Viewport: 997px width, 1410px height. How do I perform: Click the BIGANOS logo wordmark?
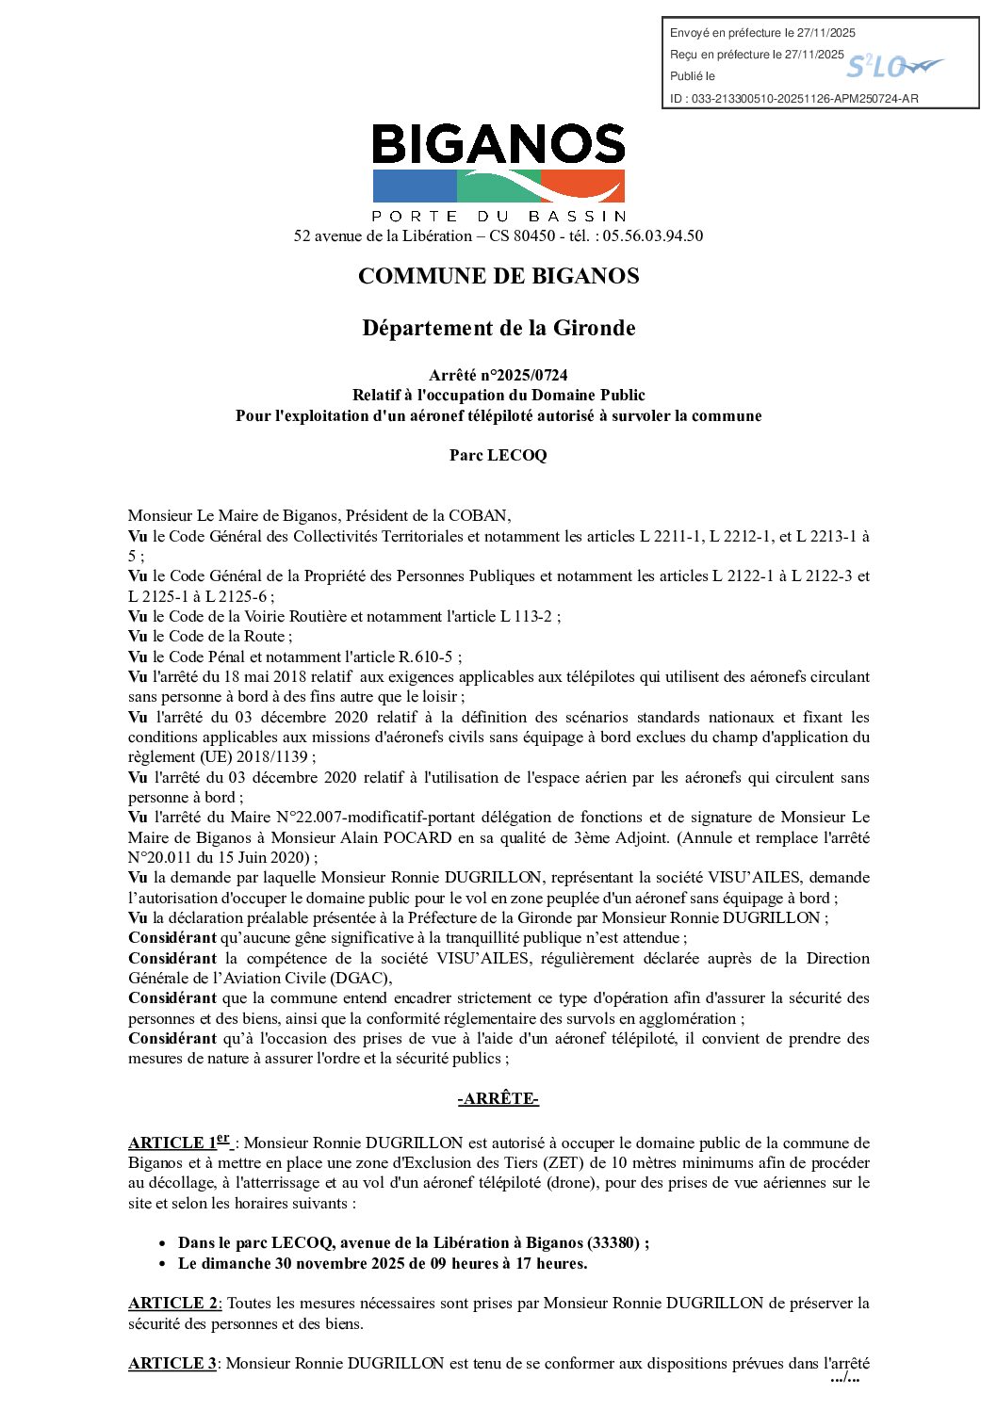(x=498, y=145)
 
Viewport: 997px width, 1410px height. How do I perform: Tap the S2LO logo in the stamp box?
(x=892, y=66)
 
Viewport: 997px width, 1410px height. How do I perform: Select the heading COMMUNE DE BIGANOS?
(x=498, y=276)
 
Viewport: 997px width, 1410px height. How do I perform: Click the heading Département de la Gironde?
(x=498, y=328)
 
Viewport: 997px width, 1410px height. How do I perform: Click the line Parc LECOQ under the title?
(x=498, y=455)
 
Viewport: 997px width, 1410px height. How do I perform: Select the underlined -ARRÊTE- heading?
(x=498, y=1099)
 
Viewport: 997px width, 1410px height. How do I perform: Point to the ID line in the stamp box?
(x=793, y=98)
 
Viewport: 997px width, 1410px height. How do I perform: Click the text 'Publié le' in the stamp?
(x=693, y=76)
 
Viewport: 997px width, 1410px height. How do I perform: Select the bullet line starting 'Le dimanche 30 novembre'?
(x=383, y=1264)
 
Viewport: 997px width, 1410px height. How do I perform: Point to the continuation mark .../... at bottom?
(x=845, y=1378)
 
